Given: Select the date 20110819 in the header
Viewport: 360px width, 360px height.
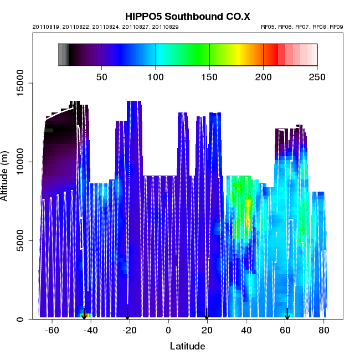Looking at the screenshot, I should tap(52, 27).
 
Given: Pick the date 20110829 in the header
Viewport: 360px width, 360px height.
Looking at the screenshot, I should tap(166, 27).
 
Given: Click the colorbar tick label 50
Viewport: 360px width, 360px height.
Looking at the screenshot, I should tap(102, 76).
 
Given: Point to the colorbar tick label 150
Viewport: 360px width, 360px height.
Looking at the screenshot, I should tap(209, 76).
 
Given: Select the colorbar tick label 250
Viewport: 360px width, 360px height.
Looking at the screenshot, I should tap(317, 76).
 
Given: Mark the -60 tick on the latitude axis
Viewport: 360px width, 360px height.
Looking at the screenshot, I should tap(52, 331).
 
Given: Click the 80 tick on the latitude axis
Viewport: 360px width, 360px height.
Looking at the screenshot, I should tap(324, 331).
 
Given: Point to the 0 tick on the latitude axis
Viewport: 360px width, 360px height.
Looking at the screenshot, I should tap(169, 331).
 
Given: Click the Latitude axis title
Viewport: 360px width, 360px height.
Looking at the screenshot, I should tap(187, 346).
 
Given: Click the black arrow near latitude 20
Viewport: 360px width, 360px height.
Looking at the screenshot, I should tap(207, 315).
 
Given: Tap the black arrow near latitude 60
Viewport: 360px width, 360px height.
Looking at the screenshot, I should tap(287, 315).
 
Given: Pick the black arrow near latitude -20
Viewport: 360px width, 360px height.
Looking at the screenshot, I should tap(127, 315).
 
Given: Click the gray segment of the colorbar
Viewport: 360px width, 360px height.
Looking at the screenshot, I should tap(63, 54).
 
